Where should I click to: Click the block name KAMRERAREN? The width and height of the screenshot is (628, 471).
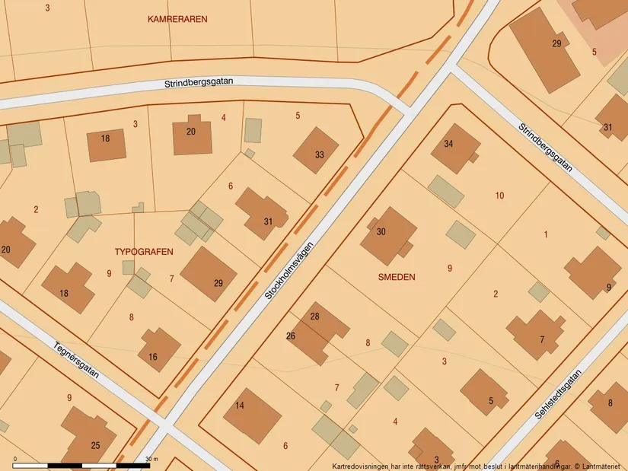coord(177,19)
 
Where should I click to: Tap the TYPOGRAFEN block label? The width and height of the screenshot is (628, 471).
coord(144,251)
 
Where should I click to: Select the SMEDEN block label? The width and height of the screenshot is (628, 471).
coord(397,278)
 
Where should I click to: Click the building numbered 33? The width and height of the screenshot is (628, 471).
coord(316,151)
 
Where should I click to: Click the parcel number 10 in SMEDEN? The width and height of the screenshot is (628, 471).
coord(499,196)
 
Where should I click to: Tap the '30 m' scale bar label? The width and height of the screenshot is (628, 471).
coord(151,459)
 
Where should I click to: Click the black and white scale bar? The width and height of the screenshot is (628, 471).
coord(82,464)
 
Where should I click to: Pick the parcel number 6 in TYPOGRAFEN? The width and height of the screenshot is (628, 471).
coord(231,186)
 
